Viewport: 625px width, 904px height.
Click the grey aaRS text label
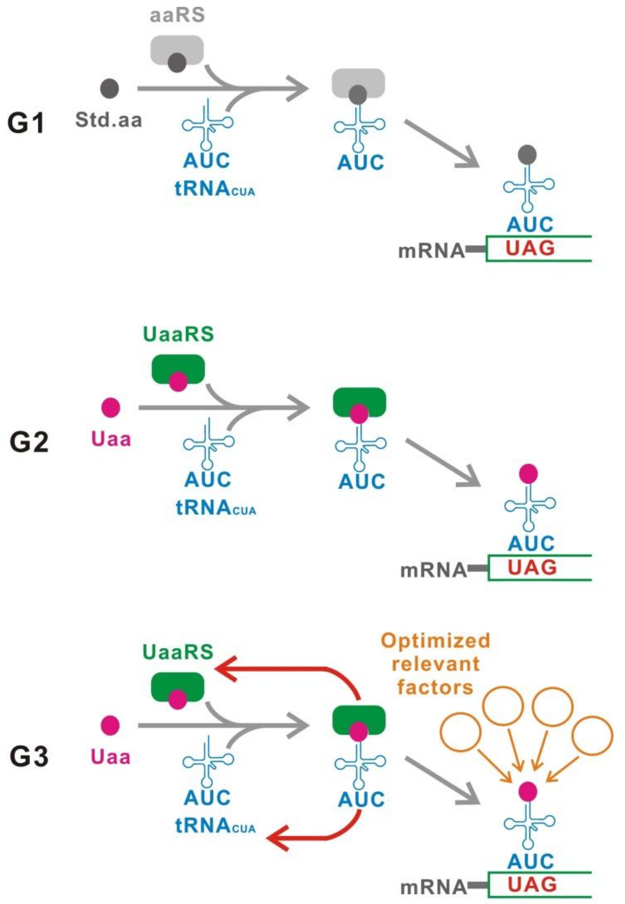click(177, 15)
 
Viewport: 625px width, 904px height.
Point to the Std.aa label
click(109, 120)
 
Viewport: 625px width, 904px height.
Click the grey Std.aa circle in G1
click(110, 88)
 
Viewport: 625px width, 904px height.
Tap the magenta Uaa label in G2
click(111, 439)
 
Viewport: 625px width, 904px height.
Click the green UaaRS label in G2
click(178, 334)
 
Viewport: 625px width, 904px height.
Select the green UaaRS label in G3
click(178, 652)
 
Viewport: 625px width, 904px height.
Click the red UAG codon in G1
click(530, 248)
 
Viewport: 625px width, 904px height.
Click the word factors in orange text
click(435, 688)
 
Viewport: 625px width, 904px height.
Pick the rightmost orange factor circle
click(592, 736)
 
